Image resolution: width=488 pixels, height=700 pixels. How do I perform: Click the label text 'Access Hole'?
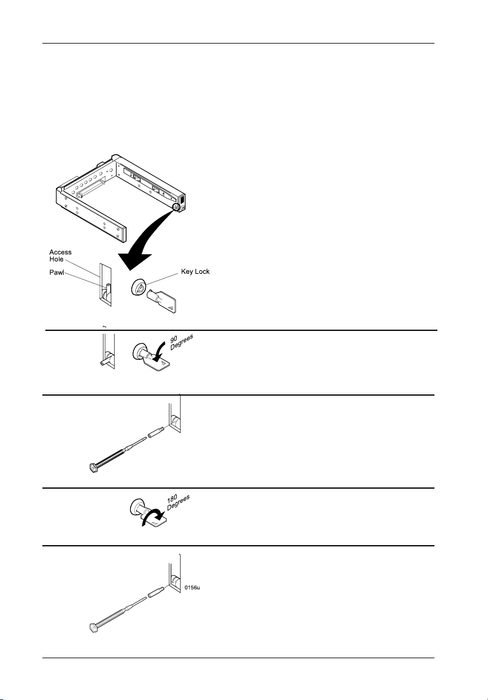[60, 256]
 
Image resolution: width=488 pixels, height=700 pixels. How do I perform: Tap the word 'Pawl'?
[57, 273]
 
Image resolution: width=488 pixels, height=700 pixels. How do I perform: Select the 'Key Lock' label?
[195, 272]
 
